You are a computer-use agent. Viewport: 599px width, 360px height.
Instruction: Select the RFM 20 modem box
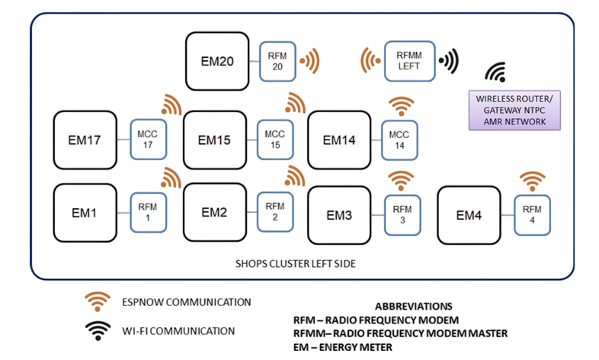(x=275, y=60)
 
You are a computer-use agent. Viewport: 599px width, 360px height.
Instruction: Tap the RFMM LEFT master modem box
(x=410, y=60)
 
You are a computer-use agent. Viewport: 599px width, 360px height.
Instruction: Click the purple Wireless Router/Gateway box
(x=513, y=111)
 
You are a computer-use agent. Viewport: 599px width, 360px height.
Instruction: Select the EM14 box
(x=339, y=140)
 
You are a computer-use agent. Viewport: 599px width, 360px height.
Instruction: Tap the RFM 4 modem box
(x=532, y=216)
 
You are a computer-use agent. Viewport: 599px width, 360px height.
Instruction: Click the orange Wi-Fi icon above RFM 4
(x=532, y=182)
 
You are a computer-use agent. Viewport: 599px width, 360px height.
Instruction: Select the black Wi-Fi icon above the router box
(x=496, y=72)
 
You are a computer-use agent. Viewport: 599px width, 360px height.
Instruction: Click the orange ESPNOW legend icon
(x=96, y=303)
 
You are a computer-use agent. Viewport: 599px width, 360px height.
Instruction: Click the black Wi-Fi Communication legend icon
(x=96, y=331)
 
